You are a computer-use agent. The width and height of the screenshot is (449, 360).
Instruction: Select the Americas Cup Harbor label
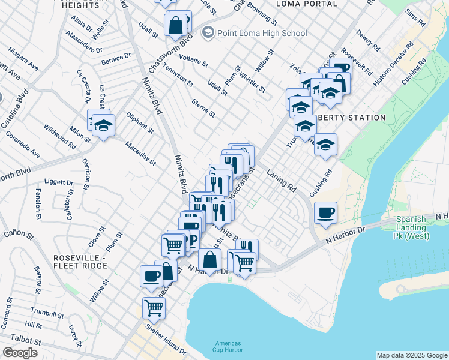[x=228, y=346]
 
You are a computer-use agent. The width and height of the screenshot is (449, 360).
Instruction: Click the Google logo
[x=20, y=353]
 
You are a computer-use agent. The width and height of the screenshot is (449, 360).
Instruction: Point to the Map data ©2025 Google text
[x=412, y=355]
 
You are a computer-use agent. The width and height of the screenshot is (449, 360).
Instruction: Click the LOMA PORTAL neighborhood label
[x=307, y=4]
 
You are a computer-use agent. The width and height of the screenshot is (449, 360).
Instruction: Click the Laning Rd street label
[x=282, y=179]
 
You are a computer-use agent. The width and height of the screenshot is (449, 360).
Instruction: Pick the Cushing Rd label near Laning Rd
[x=321, y=185]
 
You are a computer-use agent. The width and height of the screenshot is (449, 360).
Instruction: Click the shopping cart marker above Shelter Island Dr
[x=154, y=308]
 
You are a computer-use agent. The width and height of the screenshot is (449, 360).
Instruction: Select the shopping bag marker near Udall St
[x=176, y=25]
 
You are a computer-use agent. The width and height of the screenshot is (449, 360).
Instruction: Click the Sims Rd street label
[x=415, y=19]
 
